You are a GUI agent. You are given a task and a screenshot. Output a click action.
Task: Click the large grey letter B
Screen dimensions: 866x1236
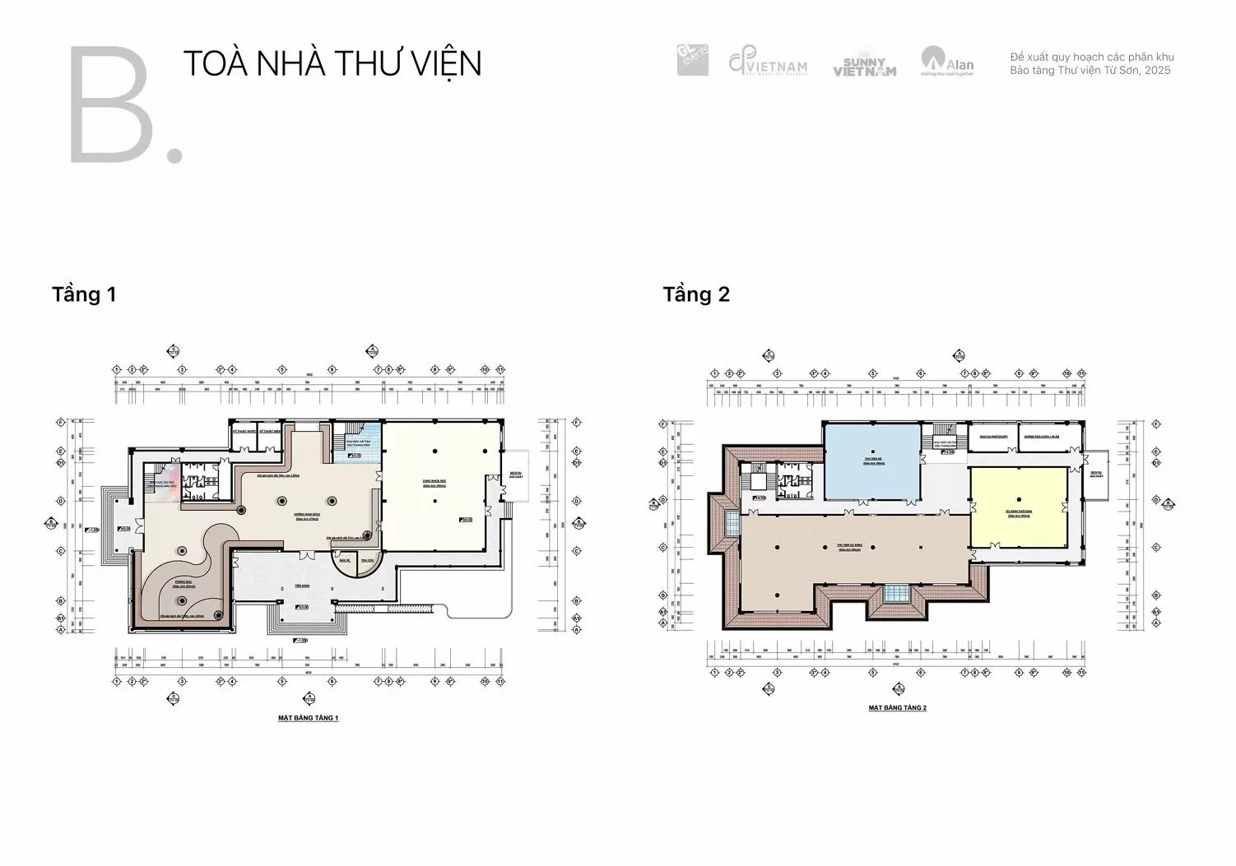click(x=111, y=105)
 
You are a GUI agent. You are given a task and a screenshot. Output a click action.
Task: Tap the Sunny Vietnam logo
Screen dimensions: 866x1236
click(x=863, y=67)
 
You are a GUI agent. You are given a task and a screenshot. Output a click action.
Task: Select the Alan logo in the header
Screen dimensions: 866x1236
click(x=947, y=62)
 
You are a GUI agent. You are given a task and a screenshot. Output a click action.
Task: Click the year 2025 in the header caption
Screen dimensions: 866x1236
click(x=1157, y=71)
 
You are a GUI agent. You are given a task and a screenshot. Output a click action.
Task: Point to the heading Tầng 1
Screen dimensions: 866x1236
click(x=84, y=294)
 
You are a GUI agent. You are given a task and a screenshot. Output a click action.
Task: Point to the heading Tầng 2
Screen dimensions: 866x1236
click(x=696, y=294)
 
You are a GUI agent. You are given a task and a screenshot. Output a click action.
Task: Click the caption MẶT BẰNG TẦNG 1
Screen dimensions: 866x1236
click(x=308, y=718)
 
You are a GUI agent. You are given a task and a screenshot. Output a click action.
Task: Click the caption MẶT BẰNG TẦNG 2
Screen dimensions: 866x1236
click(x=897, y=708)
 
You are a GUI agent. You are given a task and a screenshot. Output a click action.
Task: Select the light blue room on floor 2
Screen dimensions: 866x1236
click(x=872, y=462)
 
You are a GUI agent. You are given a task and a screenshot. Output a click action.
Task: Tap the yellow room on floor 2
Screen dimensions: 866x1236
click(x=1018, y=507)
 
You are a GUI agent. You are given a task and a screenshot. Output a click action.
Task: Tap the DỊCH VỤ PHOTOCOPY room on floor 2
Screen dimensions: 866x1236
click(x=992, y=438)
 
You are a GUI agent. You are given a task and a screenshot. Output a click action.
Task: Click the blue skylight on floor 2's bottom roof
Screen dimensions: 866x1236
click(x=896, y=593)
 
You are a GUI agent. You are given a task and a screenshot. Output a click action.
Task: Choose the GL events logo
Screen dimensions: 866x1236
click(x=692, y=60)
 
